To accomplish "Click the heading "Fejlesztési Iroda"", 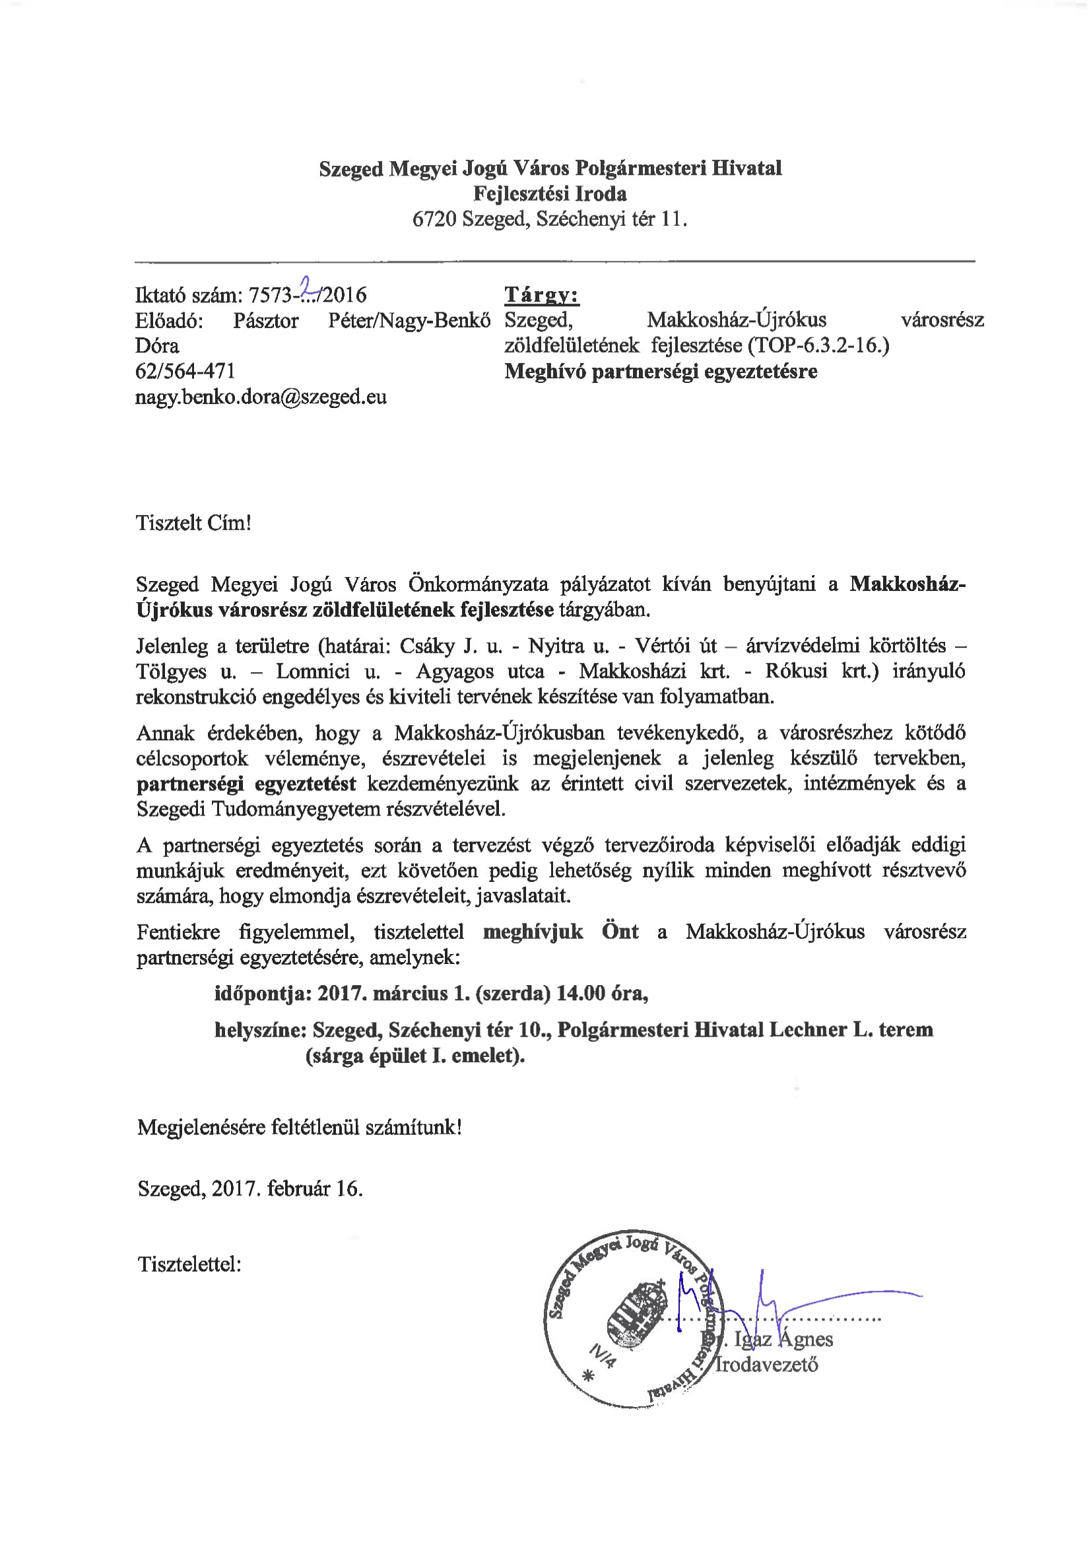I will [550, 193].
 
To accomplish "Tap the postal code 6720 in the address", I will [434, 219].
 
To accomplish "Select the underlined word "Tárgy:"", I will [541, 295].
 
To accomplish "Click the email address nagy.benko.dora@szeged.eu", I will [261, 397].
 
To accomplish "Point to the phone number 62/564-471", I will [185, 371].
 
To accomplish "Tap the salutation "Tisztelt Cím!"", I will [193, 523].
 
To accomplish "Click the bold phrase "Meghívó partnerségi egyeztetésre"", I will [661, 371].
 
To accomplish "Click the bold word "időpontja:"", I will [263, 993].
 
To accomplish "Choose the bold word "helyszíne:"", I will [261, 1029].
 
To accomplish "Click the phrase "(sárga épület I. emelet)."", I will [414, 1056].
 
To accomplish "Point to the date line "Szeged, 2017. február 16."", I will [250, 1189].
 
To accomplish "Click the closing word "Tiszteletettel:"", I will [189, 1264].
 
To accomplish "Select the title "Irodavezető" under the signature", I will [767, 1365].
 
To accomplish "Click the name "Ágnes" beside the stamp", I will [805, 1339].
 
